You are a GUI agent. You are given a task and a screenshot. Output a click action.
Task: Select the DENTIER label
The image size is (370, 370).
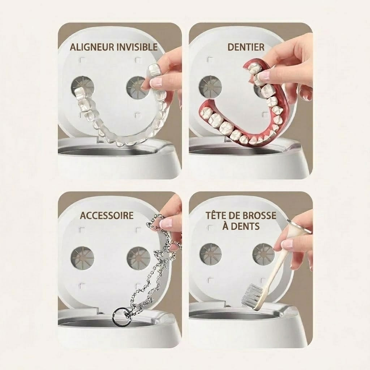pos(246,47)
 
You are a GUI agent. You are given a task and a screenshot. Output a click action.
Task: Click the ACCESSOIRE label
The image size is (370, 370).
pos(107,215)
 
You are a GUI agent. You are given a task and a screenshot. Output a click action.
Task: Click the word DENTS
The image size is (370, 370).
pos(245,226)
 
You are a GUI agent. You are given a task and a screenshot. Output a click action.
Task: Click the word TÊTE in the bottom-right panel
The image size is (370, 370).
pos(217,215)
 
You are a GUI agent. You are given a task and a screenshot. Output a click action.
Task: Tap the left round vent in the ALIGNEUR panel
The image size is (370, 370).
pos(82,88)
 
